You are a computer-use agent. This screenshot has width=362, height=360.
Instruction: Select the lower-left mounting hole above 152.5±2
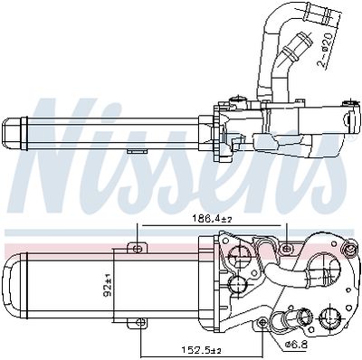[x=138, y=324]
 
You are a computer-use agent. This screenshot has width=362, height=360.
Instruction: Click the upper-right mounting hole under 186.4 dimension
[x=286, y=245]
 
